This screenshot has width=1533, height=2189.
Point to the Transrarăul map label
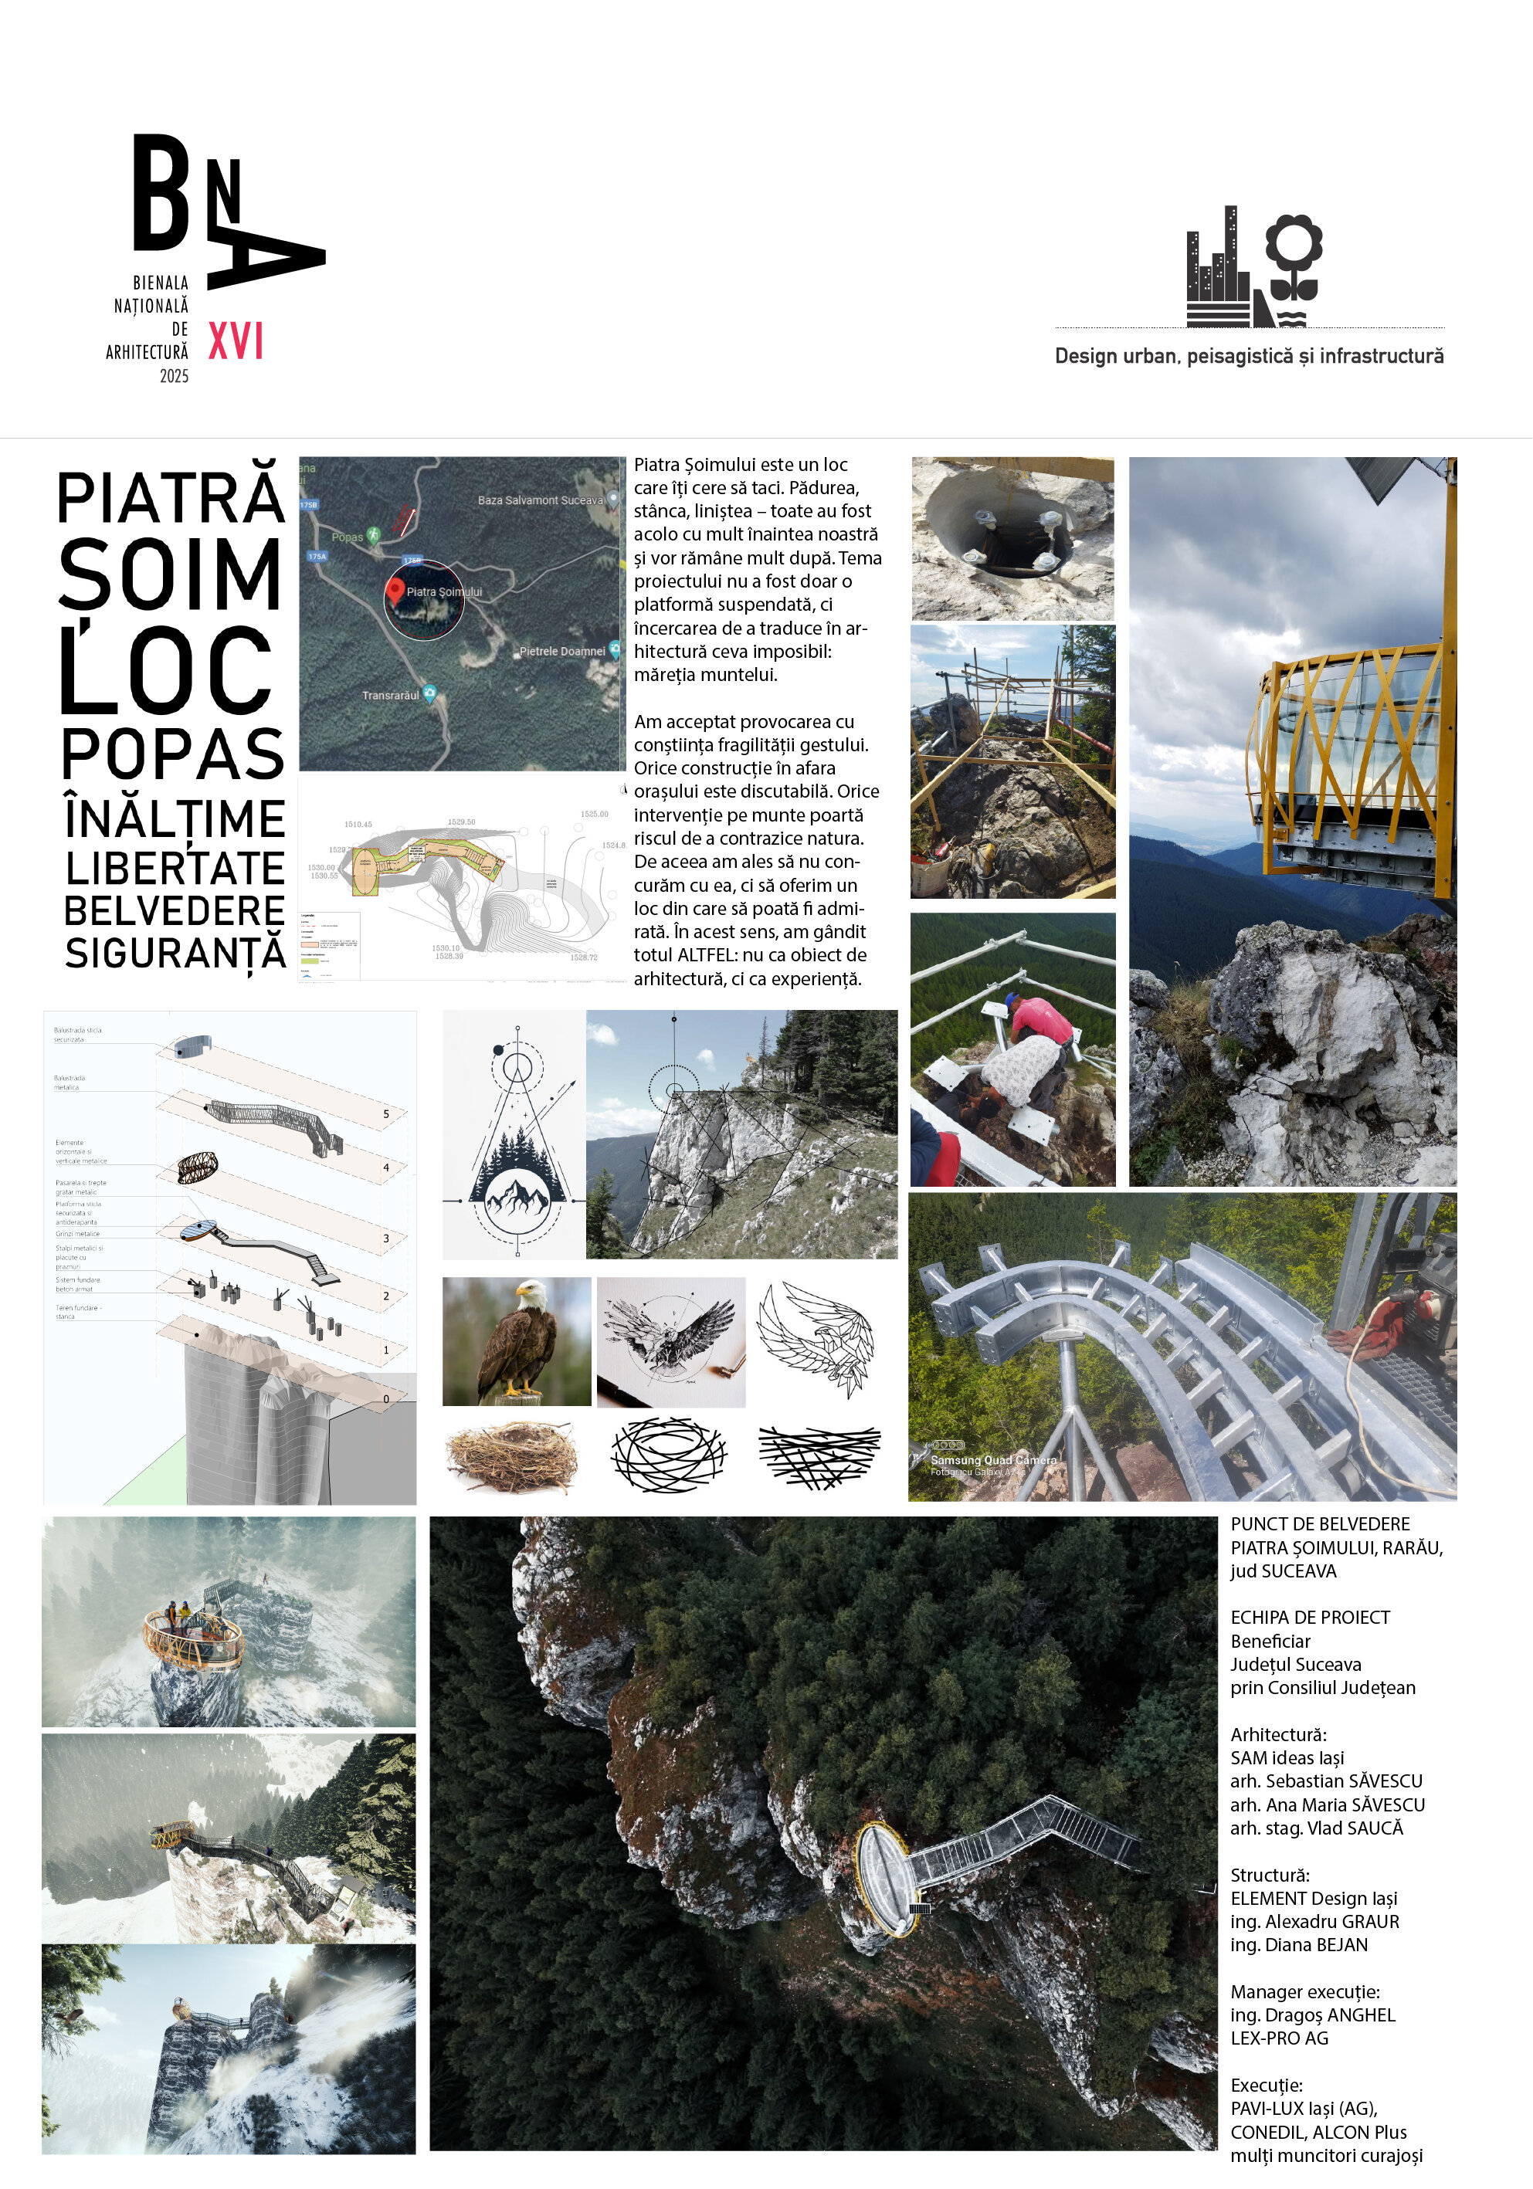pyautogui.click(x=391, y=695)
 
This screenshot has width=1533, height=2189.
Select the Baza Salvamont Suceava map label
pyautogui.click(x=541, y=500)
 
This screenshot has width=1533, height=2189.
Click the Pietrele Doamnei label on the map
pyautogui.click(x=561, y=651)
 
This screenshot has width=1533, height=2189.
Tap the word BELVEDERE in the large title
pyautogui.click(x=175, y=911)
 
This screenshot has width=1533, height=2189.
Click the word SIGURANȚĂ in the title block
pyautogui.click(x=175, y=954)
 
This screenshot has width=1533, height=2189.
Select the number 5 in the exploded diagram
pyautogui.click(x=386, y=1113)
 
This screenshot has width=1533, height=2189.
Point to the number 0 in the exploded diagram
pyautogui.click(x=386, y=1398)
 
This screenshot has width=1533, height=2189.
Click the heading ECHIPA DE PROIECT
pyautogui.click(x=1309, y=1617)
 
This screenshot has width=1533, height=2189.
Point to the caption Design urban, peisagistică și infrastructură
pyautogui.click(x=1248, y=357)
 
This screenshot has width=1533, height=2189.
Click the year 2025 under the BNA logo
pyautogui.click(x=174, y=377)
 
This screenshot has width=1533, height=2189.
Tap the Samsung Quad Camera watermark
pyautogui.click(x=992, y=1459)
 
